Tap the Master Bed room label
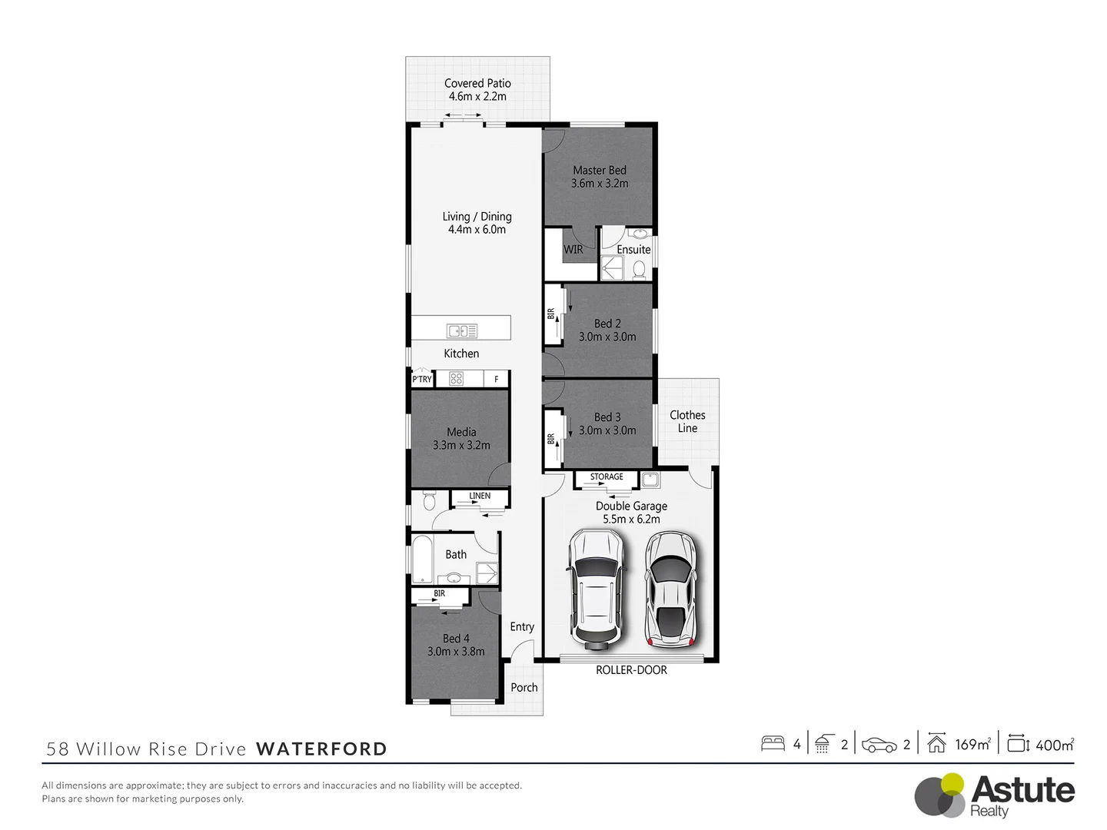(600, 171)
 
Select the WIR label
(573, 250)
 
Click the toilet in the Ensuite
(639, 269)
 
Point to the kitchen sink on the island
(462, 330)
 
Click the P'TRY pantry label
(422, 379)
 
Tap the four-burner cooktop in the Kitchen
(456, 378)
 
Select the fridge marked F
(497, 379)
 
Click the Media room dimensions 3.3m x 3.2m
(461, 445)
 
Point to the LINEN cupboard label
(480, 496)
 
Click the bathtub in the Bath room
(423, 560)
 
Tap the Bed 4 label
(456, 639)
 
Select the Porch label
(524, 688)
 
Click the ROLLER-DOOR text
(631, 670)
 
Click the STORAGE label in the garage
(607, 477)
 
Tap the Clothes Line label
(687, 421)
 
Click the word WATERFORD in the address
(321, 749)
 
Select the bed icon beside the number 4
(773, 744)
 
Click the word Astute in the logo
(1022, 790)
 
